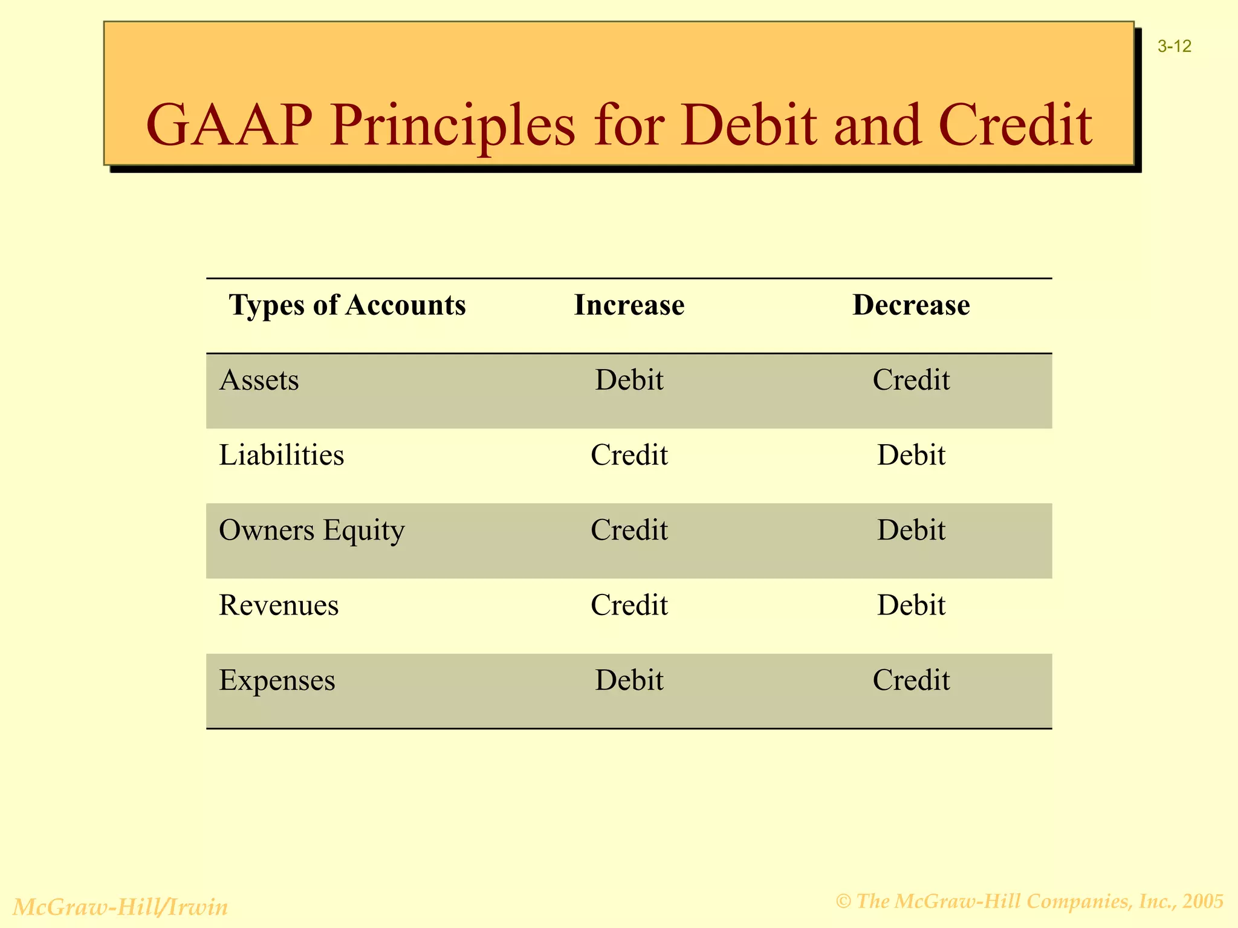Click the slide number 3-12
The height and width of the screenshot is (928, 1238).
coord(1175,47)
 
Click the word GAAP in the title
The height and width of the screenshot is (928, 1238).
coord(229,126)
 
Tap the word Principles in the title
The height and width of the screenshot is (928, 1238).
coord(452,126)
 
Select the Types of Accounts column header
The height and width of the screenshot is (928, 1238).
coord(348,304)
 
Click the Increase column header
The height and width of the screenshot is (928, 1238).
coord(629,304)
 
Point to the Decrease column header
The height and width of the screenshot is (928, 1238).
coord(911,304)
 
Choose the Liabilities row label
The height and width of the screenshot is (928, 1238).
coord(281,455)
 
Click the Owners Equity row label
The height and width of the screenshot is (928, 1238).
coord(311,530)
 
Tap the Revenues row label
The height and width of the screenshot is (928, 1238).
coord(279,605)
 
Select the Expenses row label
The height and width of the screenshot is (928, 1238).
coord(277,680)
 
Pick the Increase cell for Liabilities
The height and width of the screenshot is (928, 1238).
coord(629,455)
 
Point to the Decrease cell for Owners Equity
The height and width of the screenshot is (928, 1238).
coord(911,530)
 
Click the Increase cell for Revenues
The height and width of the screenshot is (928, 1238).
coord(629,605)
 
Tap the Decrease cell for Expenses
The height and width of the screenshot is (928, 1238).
coord(911,680)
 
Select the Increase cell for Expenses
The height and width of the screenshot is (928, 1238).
coord(629,680)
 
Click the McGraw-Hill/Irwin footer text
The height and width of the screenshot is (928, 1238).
coord(120,907)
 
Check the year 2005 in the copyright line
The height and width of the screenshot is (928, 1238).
coord(1204,901)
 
